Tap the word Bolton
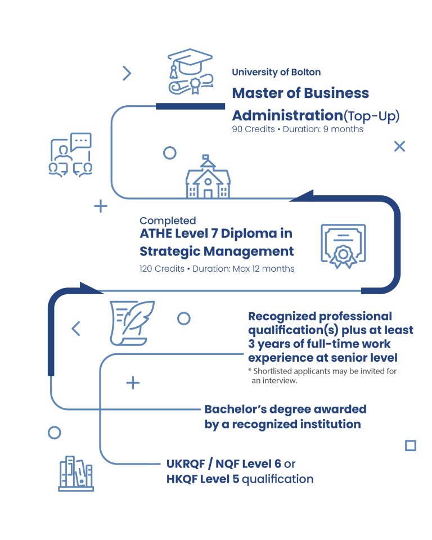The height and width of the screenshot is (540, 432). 306,73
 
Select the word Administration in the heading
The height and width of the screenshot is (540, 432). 287,115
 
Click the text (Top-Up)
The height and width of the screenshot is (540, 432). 372,116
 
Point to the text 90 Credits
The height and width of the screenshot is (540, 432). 253,129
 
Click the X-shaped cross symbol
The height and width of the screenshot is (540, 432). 399,146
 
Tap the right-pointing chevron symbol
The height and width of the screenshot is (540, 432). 127,73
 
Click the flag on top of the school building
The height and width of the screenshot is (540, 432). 206,157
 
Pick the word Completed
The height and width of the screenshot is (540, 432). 168,220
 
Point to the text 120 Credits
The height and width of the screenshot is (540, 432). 162,269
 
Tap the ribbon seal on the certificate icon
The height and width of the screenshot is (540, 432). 343,256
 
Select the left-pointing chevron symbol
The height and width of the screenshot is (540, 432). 76,328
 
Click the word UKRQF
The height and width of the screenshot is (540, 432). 186,464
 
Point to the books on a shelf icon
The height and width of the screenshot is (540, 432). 76,474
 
